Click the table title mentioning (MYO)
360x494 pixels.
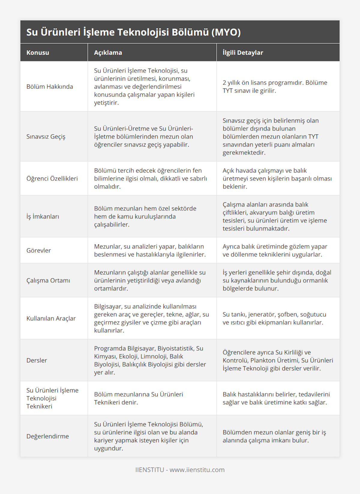coord(133,32)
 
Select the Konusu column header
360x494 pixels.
coord(38,53)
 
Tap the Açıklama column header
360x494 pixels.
coord(108,53)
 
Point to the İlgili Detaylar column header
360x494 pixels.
coord(243,53)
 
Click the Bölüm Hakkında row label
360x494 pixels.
coord(50,87)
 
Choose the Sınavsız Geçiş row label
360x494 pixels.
coord(46,136)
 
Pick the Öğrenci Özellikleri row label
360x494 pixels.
coord(52,178)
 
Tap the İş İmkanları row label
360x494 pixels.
coord(43,216)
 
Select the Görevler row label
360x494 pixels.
coord(39,250)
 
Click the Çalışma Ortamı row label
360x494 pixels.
coord(48,280)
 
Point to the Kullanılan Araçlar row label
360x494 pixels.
coord(51,318)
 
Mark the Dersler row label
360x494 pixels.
coord(37,360)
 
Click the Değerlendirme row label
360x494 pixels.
coord(48,436)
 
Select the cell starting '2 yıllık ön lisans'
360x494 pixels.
coord(275,87)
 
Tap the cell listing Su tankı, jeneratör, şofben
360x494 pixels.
coord(274,318)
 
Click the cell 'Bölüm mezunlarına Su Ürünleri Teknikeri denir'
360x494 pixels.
coord(139,398)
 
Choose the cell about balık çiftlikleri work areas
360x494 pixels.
coord(275,216)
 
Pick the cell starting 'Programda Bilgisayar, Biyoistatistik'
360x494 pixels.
coord(150,360)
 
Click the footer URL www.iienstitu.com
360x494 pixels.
coord(197,470)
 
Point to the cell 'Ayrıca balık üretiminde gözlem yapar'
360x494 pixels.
coord(275,250)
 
